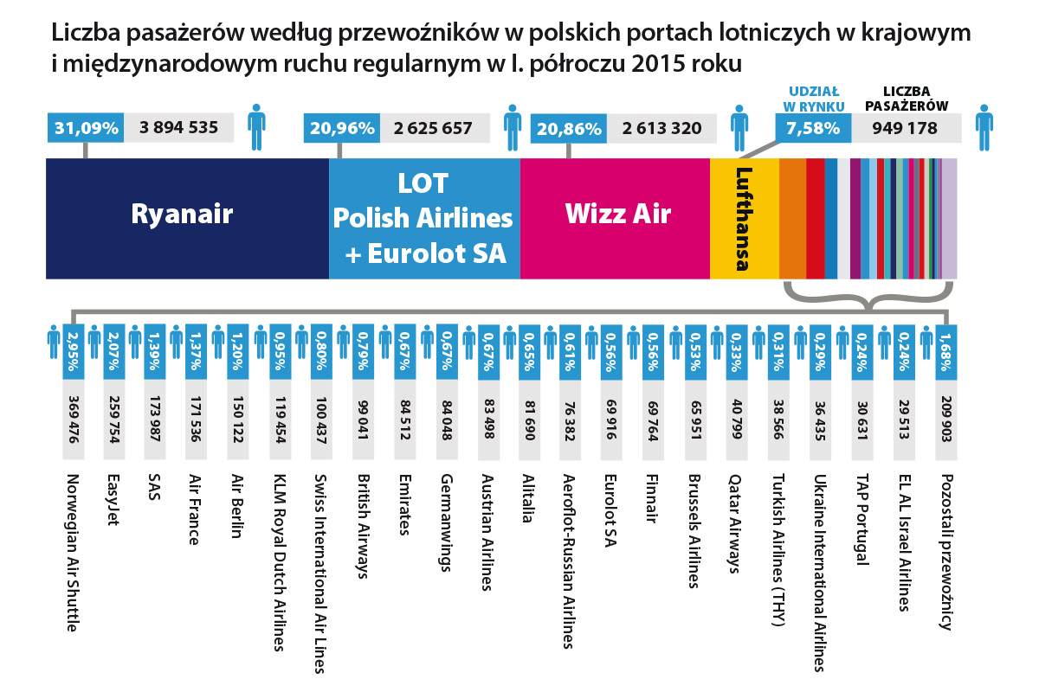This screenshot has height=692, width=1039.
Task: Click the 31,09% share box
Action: coord(86,128)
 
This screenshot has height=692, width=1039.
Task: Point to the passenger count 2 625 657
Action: coord(433,128)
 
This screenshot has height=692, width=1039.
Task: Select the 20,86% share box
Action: coord(568,129)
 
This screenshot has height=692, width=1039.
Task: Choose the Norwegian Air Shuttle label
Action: coord(73,553)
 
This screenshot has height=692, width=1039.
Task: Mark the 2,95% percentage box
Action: coord(73,349)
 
